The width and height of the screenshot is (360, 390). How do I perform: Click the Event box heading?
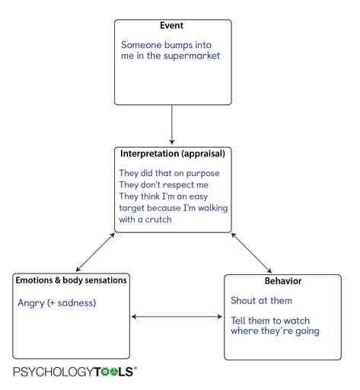click(x=171, y=25)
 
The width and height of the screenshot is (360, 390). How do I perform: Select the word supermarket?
click(x=192, y=56)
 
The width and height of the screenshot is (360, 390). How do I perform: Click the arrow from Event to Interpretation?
click(x=172, y=124)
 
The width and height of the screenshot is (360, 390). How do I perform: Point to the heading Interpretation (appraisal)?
click(x=173, y=154)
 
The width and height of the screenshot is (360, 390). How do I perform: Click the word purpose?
click(x=202, y=174)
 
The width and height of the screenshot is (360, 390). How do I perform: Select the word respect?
click(x=177, y=185)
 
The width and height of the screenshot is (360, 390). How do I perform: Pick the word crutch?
click(x=158, y=219)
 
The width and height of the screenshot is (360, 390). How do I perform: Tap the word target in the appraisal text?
click(x=132, y=208)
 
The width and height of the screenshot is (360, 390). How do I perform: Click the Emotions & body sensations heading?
click(x=71, y=280)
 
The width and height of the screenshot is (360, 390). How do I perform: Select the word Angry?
click(x=31, y=303)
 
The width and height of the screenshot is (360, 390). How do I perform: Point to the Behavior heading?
click(x=283, y=281)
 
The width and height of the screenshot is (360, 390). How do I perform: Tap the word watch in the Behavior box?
click(x=296, y=321)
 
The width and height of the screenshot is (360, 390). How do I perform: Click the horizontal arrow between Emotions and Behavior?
click(x=177, y=317)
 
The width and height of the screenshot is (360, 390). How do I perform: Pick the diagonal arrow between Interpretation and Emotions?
click(x=95, y=252)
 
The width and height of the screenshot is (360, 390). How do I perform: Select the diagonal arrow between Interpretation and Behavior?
click(x=251, y=253)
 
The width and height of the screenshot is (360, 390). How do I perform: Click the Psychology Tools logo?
click(x=75, y=372)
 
